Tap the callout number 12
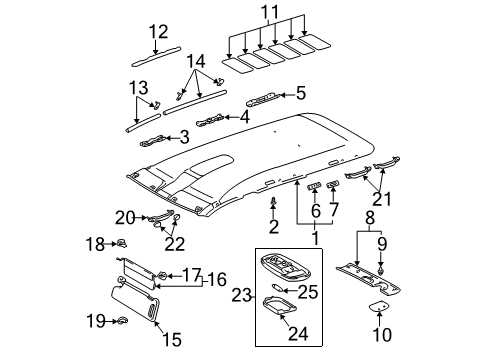coord(159,32)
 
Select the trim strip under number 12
coord(160,59)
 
